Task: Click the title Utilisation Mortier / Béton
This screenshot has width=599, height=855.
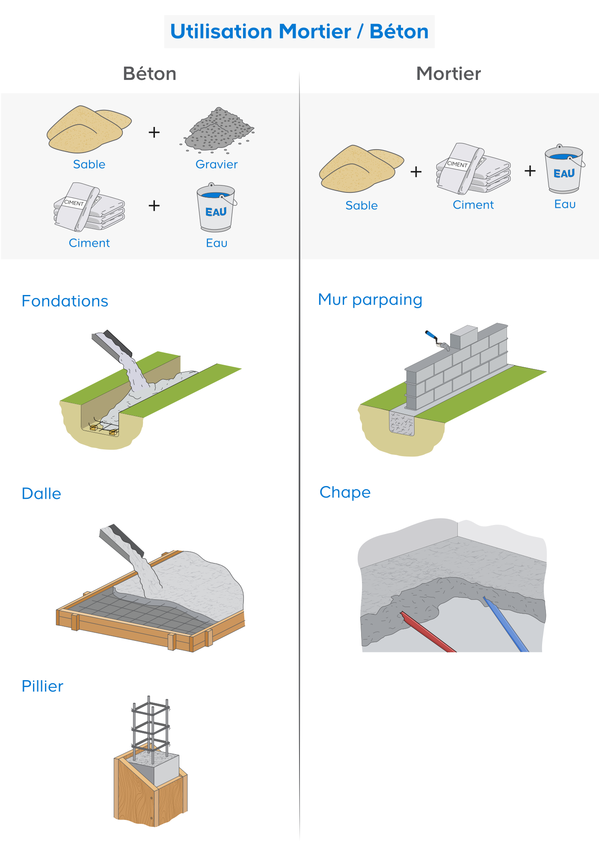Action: pos(299,32)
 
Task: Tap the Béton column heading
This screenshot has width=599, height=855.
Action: pos(149,74)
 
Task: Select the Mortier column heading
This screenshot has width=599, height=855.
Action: pos(448,74)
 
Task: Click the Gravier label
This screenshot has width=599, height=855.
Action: pos(216,164)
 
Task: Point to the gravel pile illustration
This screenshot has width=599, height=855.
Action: pos(218,130)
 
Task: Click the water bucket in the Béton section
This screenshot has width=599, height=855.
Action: pos(216,209)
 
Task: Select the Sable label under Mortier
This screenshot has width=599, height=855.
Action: pos(362,206)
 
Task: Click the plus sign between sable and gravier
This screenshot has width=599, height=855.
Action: pos(154,133)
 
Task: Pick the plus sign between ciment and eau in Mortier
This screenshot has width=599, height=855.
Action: pos(530,171)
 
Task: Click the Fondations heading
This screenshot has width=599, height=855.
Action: pos(65,301)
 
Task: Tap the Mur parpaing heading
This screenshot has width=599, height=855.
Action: pos(370,300)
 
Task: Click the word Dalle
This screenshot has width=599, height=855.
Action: pos(42,493)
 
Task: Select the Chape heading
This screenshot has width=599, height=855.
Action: pos(345,492)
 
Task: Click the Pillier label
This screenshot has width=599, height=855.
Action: pos(42,686)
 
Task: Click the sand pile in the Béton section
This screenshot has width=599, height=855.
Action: pos(88,130)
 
